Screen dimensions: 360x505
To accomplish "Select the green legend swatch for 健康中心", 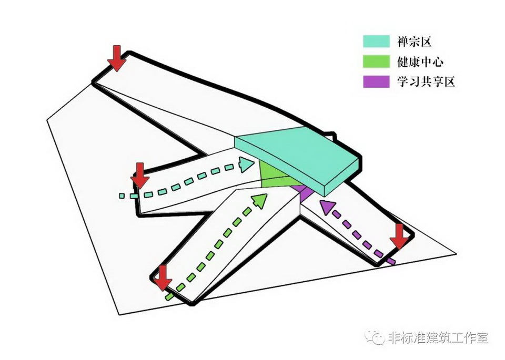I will pyautogui.click(x=376, y=61).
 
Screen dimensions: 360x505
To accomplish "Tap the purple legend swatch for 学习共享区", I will pyautogui.click(x=376, y=82).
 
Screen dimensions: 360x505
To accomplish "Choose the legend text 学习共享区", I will pyautogui.click(x=426, y=82).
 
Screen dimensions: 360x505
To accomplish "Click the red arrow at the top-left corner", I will pyautogui.click(x=117, y=58).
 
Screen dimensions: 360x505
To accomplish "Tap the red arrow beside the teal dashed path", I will pyautogui.click(x=140, y=175).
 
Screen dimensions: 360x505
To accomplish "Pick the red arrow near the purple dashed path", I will pyautogui.click(x=400, y=236).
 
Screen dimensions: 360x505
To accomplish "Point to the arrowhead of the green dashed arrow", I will pyautogui.click(x=260, y=200).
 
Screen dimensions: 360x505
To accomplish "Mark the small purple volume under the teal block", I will pyautogui.click(x=300, y=190).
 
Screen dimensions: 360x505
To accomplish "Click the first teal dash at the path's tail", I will pyautogui.click(x=122, y=196).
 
